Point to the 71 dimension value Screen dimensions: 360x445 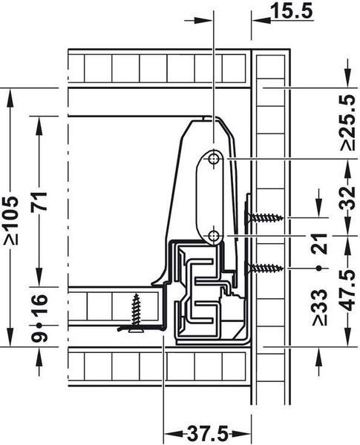pos(39,201)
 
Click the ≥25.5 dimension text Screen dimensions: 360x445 pos(348,122)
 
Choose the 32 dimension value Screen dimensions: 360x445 pos(348,197)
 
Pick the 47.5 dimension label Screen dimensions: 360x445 pos(348,290)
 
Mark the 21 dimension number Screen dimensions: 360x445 pos(319,243)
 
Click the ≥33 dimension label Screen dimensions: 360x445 pos(319,307)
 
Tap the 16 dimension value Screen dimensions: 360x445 pos(39,304)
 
